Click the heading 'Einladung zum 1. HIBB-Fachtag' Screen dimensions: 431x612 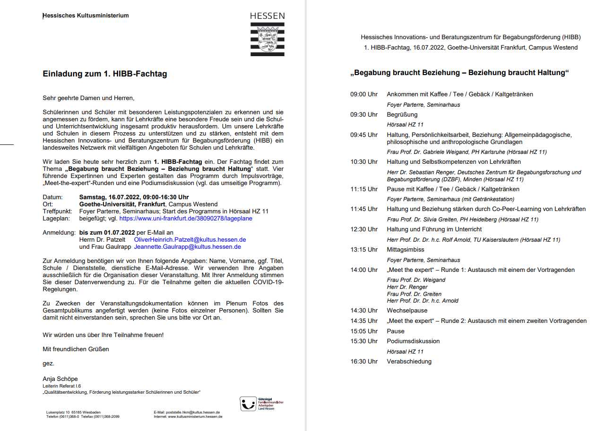[x=104, y=74]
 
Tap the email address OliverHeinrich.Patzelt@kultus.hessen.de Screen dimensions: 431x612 [x=190, y=240]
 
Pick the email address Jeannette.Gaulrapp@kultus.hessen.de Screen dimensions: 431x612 [x=187, y=246]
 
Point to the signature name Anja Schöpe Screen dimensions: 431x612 [x=60, y=379]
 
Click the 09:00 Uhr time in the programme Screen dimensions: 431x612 [x=364, y=94]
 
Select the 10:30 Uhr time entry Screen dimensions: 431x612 [x=364, y=162]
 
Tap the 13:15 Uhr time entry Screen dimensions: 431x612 [x=364, y=250]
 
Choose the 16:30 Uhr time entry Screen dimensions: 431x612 [x=364, y=362]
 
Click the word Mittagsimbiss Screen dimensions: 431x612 [x=405, y=250]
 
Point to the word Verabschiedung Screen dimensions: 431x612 [x=409, y=362]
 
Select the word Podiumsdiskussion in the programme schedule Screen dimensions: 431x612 [x=413, y=341]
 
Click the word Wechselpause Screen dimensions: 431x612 [x=407, y=311]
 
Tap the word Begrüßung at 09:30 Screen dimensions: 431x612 [x=402, y=115]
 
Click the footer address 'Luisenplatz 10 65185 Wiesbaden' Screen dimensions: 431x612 [x=73, y=412]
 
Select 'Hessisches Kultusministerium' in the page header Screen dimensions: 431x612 [x=86, y=16]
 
